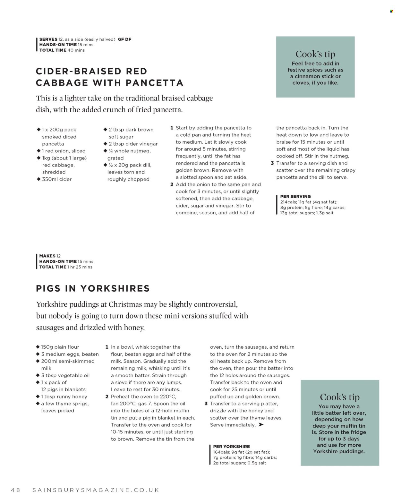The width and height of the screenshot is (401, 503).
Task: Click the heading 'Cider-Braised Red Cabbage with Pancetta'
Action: [x=109, y=77]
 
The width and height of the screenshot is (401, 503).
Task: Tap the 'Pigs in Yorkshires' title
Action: [x=93, y=288]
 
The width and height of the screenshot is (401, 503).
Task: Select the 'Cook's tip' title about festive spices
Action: [x=315, y=54]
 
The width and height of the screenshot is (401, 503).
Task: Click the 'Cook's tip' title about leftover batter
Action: [x=339, y=397]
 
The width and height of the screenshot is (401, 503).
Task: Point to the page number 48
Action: [x=15, y=490]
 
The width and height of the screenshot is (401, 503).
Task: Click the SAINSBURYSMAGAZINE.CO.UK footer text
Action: [x=96, y=490]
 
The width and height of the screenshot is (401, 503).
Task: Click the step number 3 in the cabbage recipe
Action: [x=272, y=163]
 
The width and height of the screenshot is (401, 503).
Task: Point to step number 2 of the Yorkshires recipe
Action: [x=107, y=396]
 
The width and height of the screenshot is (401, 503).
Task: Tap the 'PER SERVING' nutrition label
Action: [x=295, y=196]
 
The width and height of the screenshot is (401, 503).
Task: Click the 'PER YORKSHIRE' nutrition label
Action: [x=231, y=447]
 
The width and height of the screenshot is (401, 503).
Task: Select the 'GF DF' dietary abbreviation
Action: [x=124, y=39]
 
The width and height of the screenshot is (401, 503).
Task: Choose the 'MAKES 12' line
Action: [x=50, y=256]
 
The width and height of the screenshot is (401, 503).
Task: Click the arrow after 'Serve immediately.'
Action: [x=261, y=425]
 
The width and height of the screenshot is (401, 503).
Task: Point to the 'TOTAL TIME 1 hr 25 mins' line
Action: [x=66, y=267]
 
